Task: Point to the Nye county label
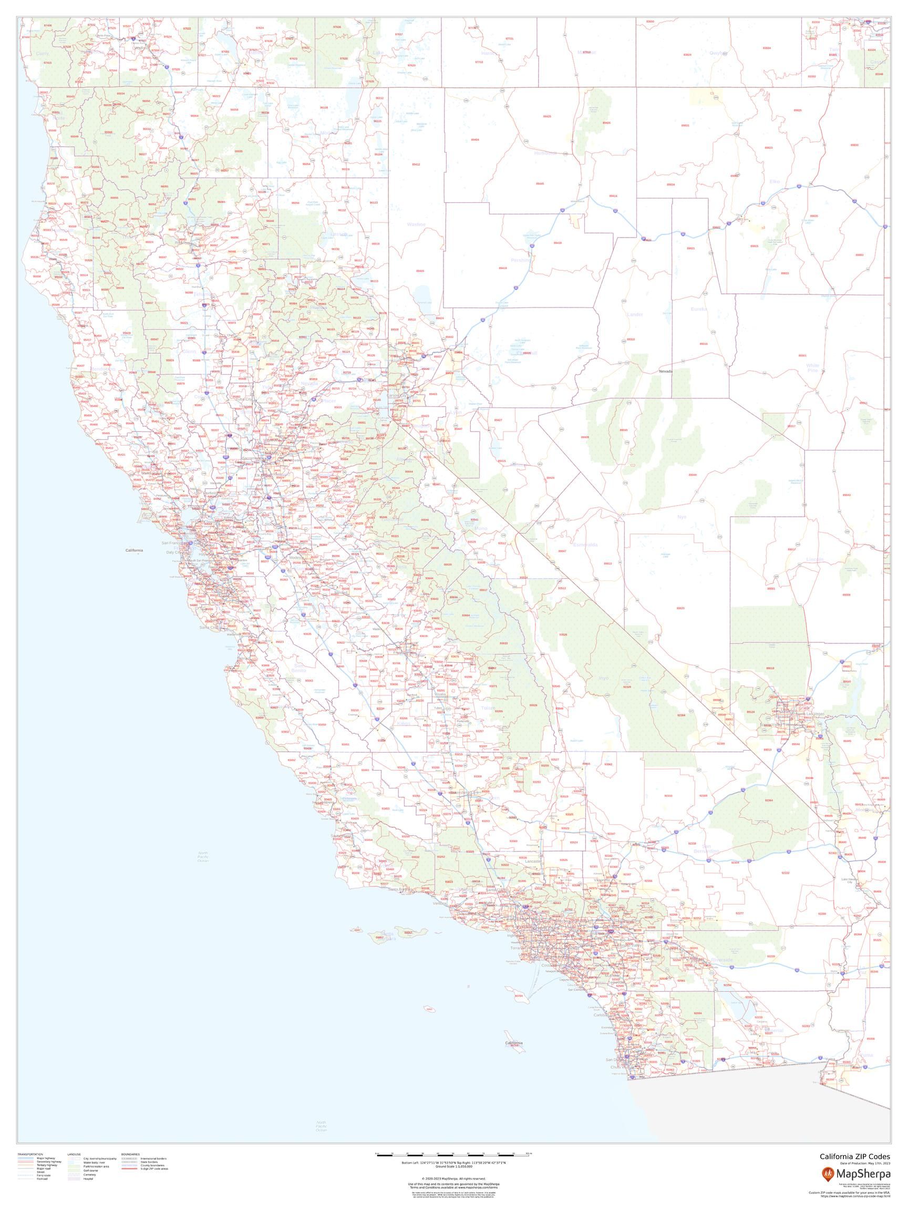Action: [682, 516]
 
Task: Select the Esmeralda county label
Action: [585, 545]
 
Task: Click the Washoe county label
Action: [416, 224]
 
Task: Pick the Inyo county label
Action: [603, 679]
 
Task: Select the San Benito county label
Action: [299, 668]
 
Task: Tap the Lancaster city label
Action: [533, 861]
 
